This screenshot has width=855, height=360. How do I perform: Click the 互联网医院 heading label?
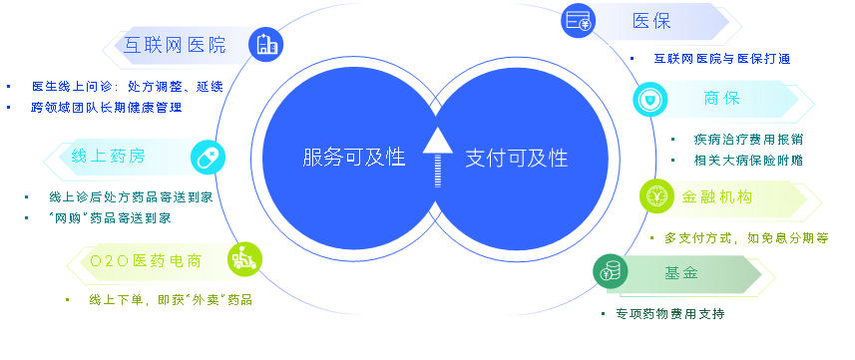(x=175, y=45)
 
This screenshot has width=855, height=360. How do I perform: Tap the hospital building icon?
(x=266, y=44)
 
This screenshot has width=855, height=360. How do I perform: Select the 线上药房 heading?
(x=109, y=157)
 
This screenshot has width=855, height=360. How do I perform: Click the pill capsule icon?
(x=208, y=156)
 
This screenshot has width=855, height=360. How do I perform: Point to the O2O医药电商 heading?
(x=146, y=261)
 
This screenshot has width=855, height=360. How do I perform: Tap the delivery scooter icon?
(x=244, y=259)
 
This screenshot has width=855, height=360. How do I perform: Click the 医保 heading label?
(x=651, y=21)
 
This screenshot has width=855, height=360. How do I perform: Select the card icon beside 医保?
(x=579, y=21)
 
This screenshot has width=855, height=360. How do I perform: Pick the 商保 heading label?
(x=722, y=98)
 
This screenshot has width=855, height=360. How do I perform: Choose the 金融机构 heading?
(x=717, y=196)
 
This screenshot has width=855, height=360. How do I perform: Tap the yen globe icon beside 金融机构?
(x=657, y=195)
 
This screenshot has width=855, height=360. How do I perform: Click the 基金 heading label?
(x=681, y=272)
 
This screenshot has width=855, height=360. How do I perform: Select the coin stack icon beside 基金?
(x=611, y=271)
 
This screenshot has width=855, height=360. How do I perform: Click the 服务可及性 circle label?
(x=354, y=158)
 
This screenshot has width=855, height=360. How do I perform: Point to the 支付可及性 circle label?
(x=517, y=159)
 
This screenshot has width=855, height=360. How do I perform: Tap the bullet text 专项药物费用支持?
(x=670, y=314)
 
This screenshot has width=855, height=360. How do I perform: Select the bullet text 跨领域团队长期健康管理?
(x=107, y=108)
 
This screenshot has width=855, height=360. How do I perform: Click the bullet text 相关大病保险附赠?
(x=748, y=161)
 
